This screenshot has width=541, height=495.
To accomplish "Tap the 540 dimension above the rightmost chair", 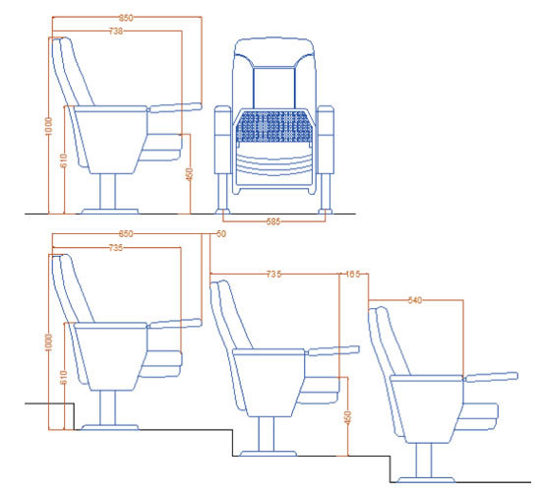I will (x=414, y=300).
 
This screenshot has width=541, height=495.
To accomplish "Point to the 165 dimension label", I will (x=351, y=275).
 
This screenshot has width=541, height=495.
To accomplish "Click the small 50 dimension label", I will (x=220, y=234).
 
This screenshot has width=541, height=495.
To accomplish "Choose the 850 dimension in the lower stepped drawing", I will (x=126, y=234).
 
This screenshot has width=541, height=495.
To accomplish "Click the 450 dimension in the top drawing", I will (x=189, y=174).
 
